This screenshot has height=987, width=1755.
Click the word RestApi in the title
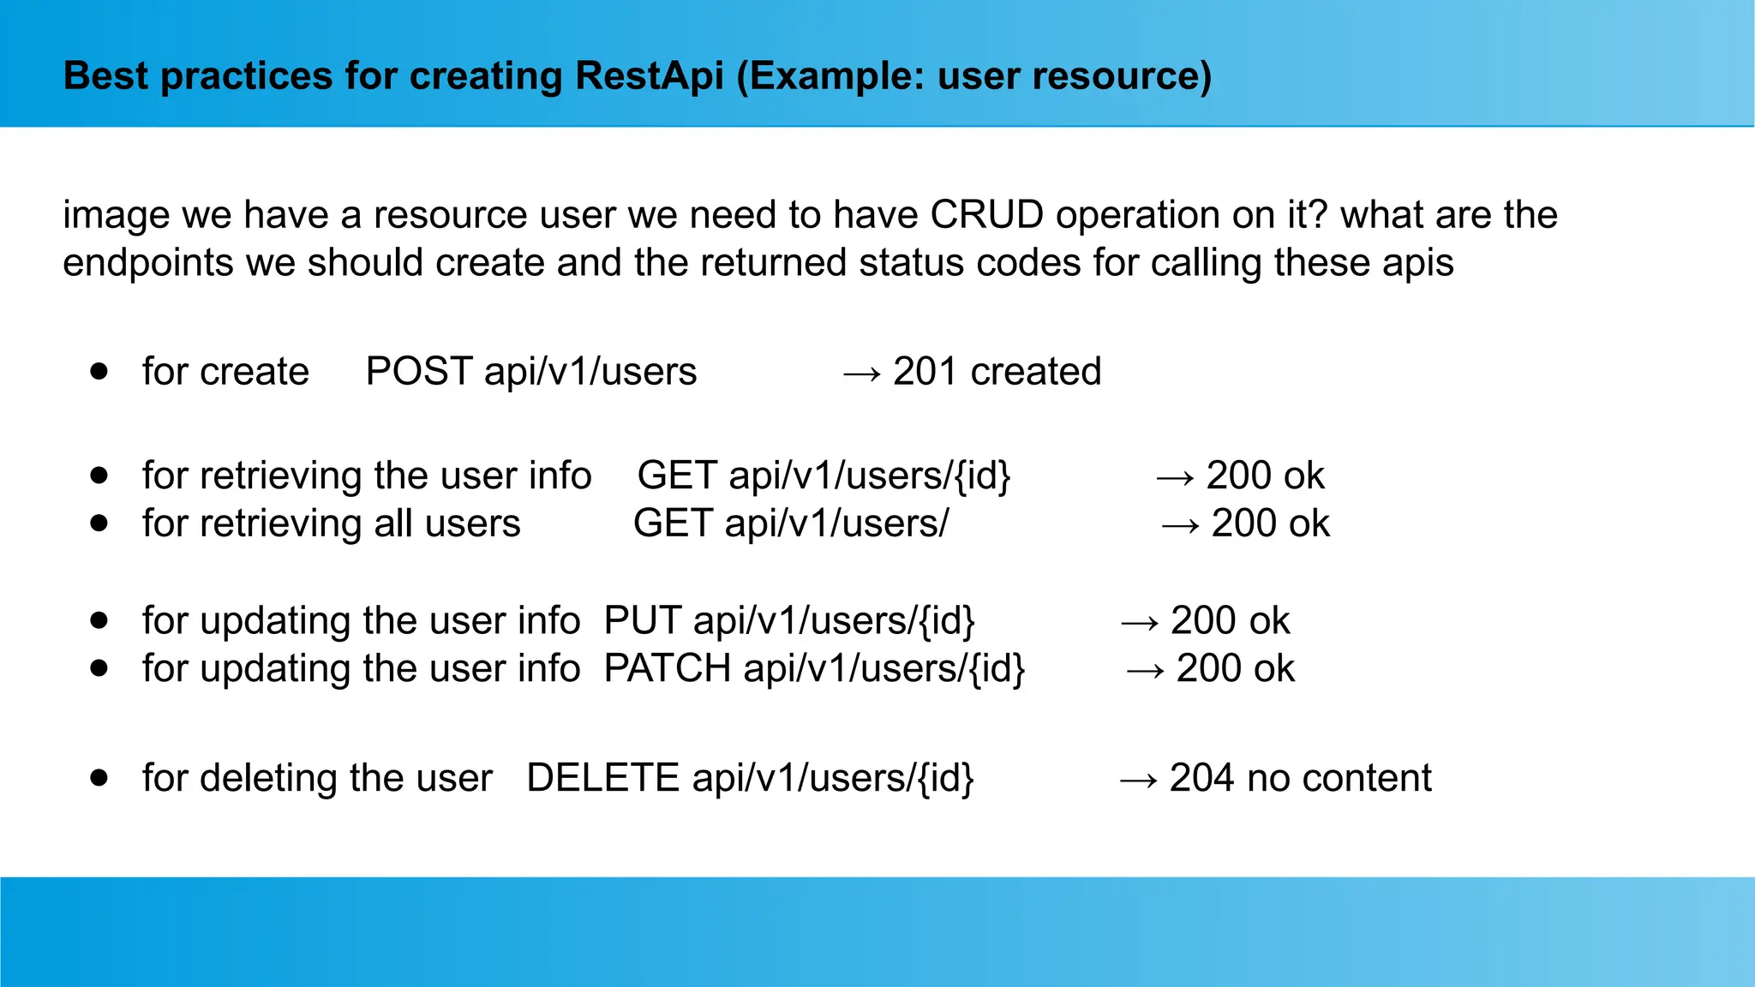coord(649,76)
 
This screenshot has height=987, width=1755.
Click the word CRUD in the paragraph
coord(986,215)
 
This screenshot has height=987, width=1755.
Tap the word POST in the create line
coord(418,372)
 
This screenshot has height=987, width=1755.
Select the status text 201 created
coord(997,372)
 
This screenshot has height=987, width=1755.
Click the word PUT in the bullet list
coord(643,620)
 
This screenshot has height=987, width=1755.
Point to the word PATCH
coord(667,668)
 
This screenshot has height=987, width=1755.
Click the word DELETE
coord(602,778)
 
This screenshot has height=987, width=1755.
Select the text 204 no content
coord(1300,778)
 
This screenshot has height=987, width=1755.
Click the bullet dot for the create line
coord(99,371)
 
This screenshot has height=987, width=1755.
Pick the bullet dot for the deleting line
coord(99,777)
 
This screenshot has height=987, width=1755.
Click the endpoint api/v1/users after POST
coord(590,372)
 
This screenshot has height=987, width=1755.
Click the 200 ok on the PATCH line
coord(1235,668)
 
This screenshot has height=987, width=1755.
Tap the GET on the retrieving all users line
coord(673,523)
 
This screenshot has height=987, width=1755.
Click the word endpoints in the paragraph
coord(147,263)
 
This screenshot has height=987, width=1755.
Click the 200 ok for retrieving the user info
coord(1265,476)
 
